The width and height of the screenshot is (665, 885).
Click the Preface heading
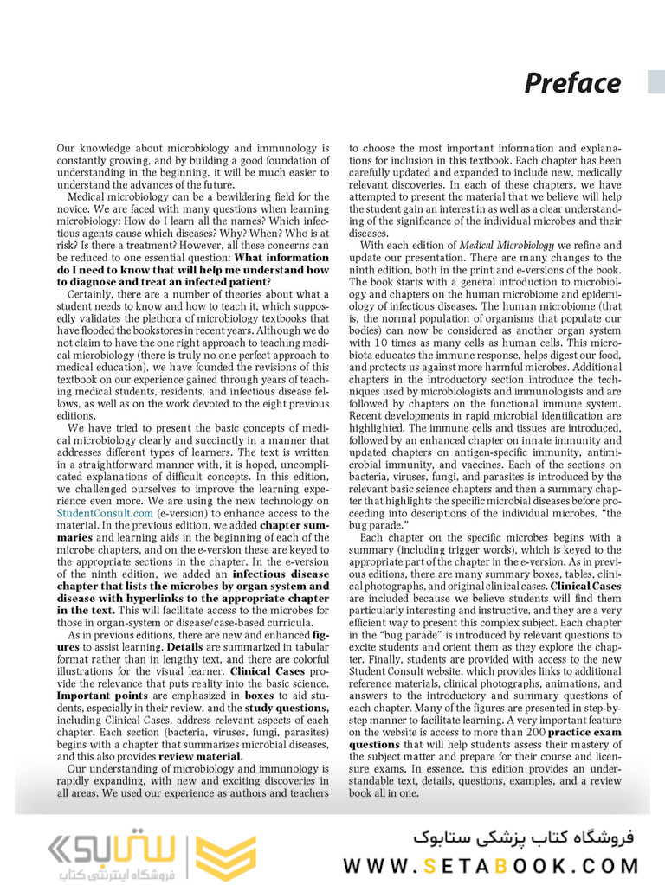[x=572, y=83]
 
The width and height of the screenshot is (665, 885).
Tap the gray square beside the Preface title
[x=656, y=82]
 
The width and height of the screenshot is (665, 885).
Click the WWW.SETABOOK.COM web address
[x=491, y=865]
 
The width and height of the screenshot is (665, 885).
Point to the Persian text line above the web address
[x=523, y=837]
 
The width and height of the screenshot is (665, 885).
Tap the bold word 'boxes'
[x=259, y=695]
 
